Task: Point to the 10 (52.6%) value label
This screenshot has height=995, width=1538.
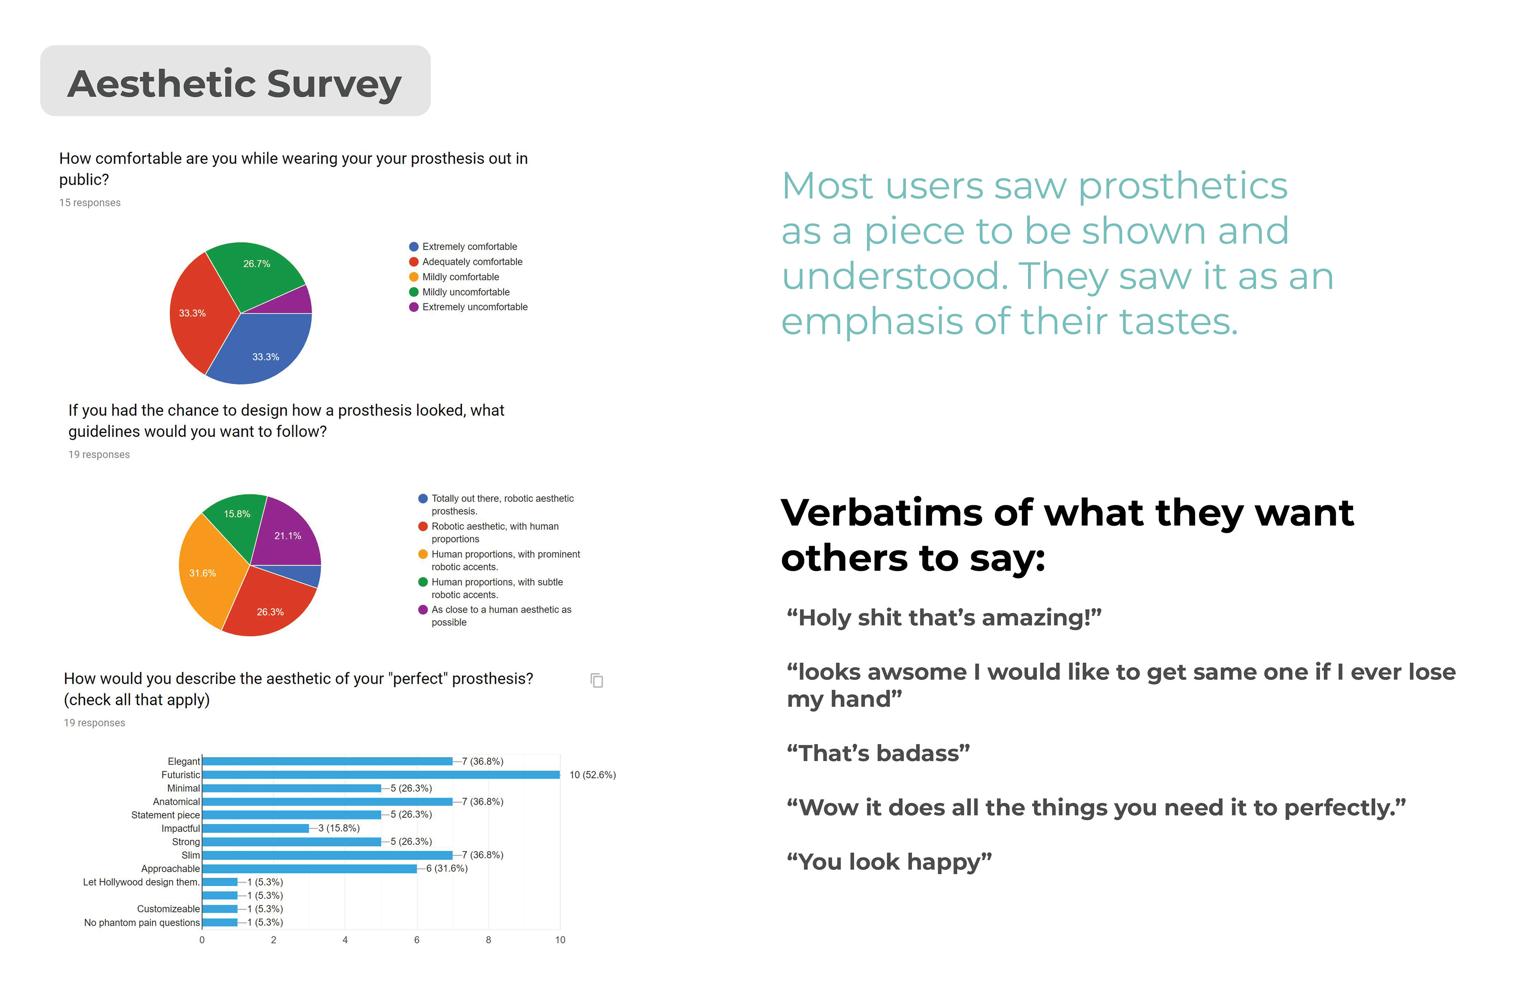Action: (x=592, y=775)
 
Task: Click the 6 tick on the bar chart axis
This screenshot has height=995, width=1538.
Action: (x=417, y=940)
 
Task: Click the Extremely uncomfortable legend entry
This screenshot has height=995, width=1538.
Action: (x=474, y=307)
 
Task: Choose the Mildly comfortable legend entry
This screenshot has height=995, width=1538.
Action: (x=460, y=277)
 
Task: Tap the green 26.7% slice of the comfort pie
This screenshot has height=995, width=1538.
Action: (x=255, y=271)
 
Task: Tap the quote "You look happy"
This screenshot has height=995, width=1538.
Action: (x=888, y=862)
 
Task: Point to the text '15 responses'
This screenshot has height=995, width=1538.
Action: (x=90, y=203)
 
